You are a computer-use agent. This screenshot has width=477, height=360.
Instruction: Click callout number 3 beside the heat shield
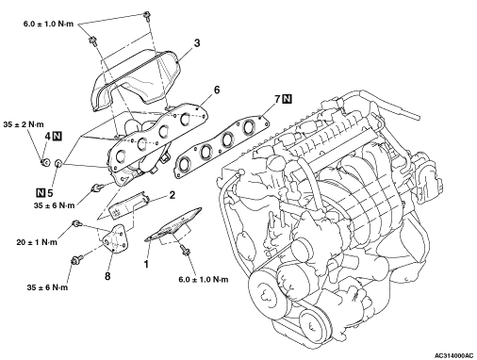[197, 43]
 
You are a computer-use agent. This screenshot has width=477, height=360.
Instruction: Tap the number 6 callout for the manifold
[217, 90]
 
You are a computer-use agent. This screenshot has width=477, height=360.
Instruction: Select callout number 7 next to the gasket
[277, 99]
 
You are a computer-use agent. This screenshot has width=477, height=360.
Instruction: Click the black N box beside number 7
[288, 99]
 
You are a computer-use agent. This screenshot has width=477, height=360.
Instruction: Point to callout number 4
[47, 137]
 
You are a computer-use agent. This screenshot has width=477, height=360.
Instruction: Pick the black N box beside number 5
[41, 192]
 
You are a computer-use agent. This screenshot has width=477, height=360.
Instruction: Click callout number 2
[172, 195]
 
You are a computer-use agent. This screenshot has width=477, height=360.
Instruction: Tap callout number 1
[146, 264]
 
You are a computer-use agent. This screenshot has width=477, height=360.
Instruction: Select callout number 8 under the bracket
[107, 276]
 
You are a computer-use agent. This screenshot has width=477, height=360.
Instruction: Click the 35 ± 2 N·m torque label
[24, 124]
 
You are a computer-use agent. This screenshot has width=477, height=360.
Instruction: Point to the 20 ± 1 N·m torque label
[37, 242]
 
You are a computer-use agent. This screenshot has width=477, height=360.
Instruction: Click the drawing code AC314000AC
[453, 355]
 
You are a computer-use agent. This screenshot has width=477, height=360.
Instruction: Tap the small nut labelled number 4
[45, 162]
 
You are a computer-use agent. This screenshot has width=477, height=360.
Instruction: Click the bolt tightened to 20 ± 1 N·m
[76, 223]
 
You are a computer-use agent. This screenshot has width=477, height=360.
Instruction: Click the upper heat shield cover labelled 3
[135, 80]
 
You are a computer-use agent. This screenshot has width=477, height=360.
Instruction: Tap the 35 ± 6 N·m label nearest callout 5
[55, 205]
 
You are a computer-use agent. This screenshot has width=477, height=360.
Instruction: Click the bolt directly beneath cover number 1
[187, 251]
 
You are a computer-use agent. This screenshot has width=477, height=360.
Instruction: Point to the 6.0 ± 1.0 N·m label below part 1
[204, 279]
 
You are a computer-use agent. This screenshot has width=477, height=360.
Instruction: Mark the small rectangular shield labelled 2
[129, 205]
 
